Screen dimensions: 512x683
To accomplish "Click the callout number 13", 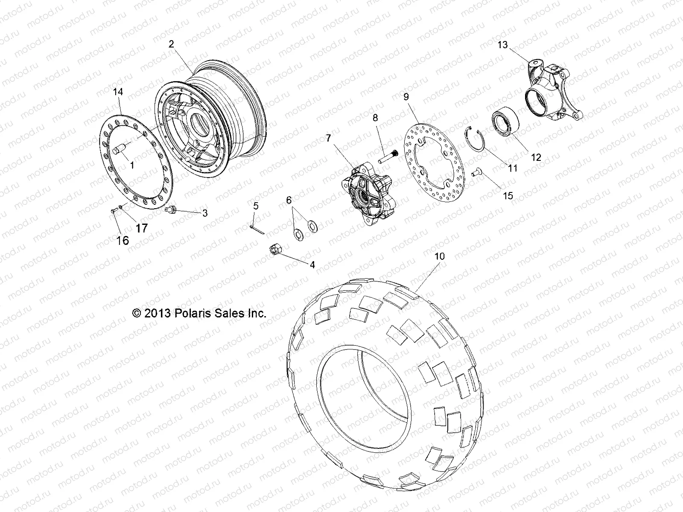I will [x=503, y=44].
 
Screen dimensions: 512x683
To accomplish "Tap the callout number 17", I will [x=141, y=228].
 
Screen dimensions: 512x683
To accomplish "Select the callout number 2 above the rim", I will [x=171, y=44].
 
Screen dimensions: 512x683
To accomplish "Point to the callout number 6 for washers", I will [x=289, y=200].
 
